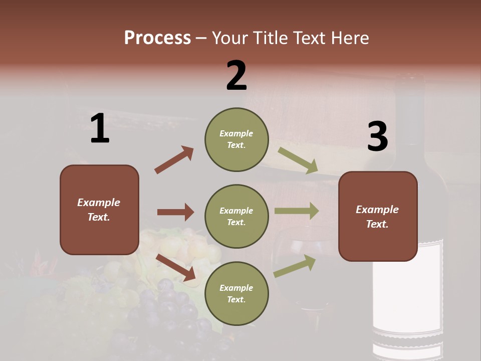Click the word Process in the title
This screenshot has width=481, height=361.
tap(157, 38)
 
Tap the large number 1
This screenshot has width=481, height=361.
tap(100, 129)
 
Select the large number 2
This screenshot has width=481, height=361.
tap(236, 76)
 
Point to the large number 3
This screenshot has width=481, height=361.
tap(377, 137)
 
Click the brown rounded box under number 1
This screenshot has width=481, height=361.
tap(99, 210)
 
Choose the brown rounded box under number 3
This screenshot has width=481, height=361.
tap(378, 216)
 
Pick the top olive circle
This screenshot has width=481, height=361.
tap(236, 139)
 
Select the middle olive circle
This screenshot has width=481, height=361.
tap(236, 216)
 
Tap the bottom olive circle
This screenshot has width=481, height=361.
tap(236, 293)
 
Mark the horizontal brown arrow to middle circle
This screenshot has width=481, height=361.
tap(175, 212)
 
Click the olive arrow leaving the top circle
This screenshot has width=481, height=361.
tap(298, 160)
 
